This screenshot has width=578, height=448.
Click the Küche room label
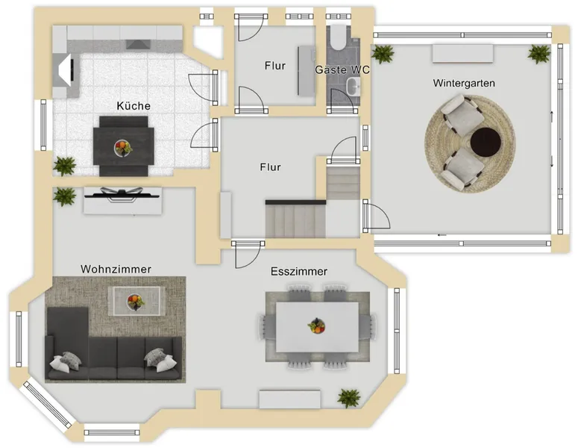tap(133, 106)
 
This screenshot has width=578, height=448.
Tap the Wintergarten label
tap(464, 83)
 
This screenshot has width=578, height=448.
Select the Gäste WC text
tap(342, 69)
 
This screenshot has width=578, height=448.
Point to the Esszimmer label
tap(299, 272)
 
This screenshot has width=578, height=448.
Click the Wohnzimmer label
tap(116, 269)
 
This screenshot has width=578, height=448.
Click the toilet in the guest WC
tap(336, 37)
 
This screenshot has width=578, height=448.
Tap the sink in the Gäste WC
tap(354, 87)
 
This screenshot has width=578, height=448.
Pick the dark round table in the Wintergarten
tap(486, 142)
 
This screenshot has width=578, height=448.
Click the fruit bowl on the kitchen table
tap(123, 148)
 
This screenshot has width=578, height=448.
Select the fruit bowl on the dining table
tap(316, 326)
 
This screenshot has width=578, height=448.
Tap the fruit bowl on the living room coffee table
tap(135, 302)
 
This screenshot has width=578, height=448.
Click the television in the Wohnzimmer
tap(122, 193)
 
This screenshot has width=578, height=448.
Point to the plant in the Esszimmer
tap(349, 398)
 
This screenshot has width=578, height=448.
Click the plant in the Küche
tap(65, 166)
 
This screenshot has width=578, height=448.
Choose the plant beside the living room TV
tap(64, 196)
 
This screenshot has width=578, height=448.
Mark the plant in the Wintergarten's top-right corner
tap(539, 55)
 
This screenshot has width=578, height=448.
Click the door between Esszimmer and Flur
tap(248, 255)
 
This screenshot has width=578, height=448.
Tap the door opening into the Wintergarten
tap(376, 216)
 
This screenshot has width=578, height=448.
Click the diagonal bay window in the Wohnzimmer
tap(47, 405)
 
